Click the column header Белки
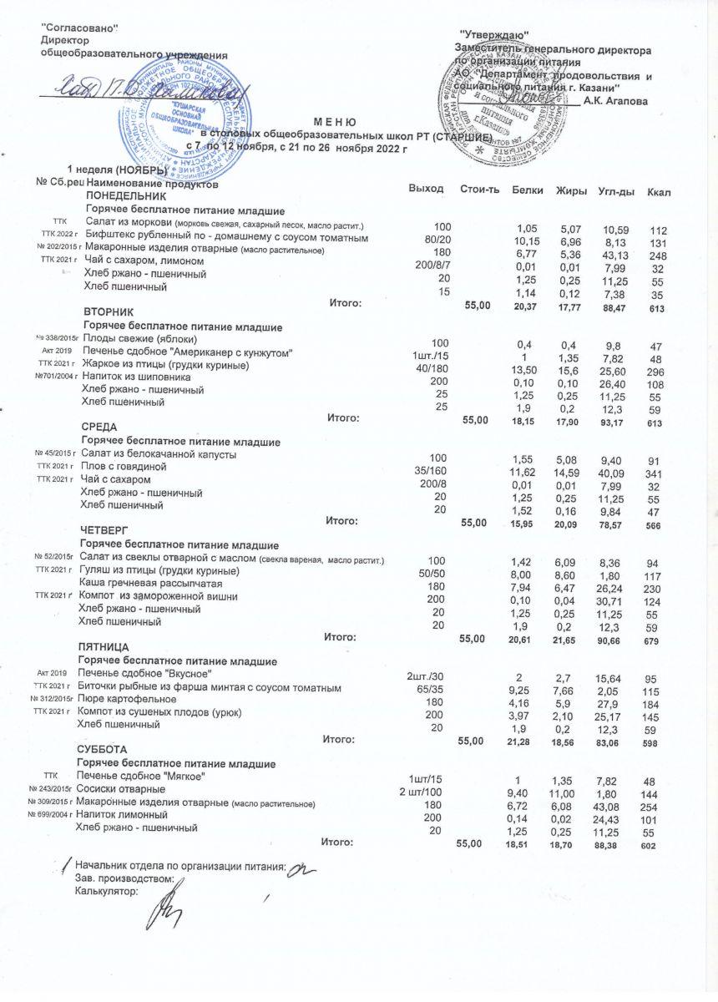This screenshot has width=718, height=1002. (x=527, y=191)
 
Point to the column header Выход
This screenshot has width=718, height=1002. (x=426, y=190)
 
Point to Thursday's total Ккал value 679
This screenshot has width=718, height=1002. (x=653, y=641)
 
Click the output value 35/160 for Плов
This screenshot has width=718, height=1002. (x=433, y=469)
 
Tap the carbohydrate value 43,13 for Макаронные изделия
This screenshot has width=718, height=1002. (x=614, y=254)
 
